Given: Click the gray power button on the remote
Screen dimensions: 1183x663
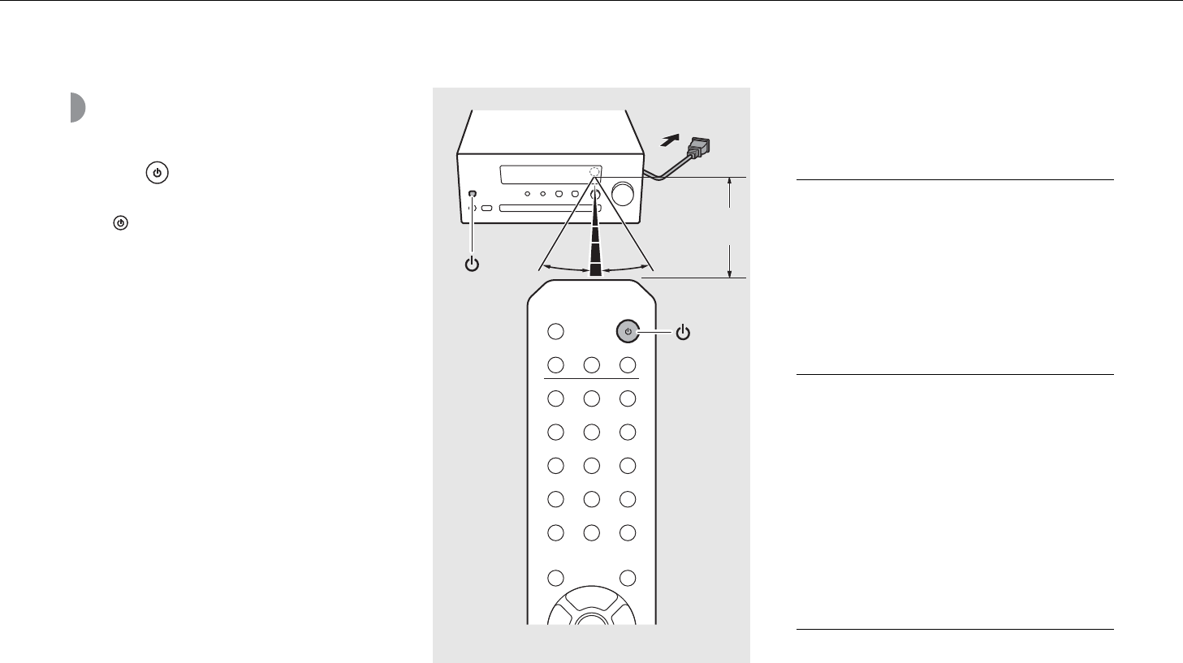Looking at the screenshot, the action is [x=627, y=331].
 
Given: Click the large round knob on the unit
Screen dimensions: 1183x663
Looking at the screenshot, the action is [x=624, y=193].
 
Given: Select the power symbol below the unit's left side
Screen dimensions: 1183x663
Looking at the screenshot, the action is [x=473, y=265].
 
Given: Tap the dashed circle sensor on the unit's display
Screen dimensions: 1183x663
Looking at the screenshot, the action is [x=595, y=172].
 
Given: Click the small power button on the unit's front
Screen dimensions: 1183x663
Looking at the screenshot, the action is [x=473, y=194].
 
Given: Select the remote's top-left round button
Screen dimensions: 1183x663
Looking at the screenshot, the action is [x=555, y=331].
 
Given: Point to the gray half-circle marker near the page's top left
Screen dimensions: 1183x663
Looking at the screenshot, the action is [x=77, y=107].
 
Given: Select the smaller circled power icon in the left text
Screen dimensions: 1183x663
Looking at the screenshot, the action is [x=120, y=222].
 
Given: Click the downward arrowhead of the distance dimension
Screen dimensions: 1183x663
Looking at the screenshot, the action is [x=731, y=271].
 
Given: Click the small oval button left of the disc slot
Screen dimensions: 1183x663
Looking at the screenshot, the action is [x=486, y=209].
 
